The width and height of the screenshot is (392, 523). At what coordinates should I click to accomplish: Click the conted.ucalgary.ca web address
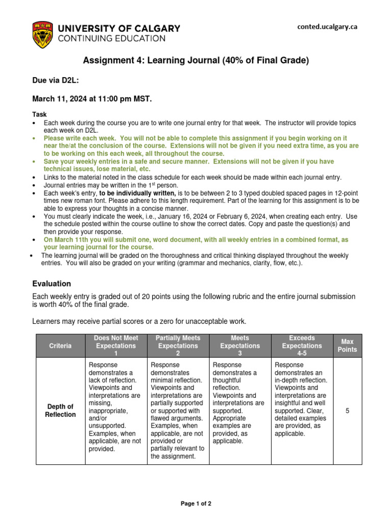click(327, 27)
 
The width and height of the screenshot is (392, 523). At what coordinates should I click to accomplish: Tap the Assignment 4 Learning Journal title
click(196, 61)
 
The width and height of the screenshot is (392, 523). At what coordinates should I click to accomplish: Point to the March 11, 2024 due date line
click(92, 99)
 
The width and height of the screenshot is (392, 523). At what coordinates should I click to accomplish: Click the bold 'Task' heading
click(39, 115)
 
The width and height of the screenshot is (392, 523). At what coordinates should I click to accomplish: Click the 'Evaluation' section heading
click(52, 283)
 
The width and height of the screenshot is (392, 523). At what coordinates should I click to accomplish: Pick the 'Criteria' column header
click(60, 346)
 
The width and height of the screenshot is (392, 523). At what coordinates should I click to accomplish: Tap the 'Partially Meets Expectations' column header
click(178, 346)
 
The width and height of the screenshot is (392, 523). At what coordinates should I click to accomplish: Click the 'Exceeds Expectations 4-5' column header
click(302, 346)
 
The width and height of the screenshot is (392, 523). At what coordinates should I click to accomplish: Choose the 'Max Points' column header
click(347, 346)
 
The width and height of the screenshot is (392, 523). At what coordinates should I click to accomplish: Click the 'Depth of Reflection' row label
click(60, 410)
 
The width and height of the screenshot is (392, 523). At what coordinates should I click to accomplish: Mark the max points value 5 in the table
click(347, 410)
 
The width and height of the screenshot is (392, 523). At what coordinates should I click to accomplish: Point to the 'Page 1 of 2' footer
click(196, 503)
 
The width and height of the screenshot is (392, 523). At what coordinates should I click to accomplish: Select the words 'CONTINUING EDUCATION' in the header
click(112, 38)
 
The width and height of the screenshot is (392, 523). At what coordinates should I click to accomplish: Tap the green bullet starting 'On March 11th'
click(196, 243)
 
